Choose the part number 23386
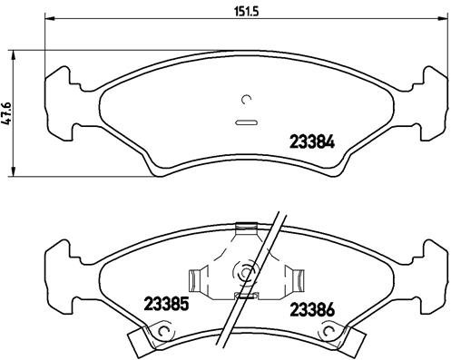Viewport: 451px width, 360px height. pos(311,309)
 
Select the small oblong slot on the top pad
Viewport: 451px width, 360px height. pos(245,122)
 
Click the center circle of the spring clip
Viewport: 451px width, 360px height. pos(244,270)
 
